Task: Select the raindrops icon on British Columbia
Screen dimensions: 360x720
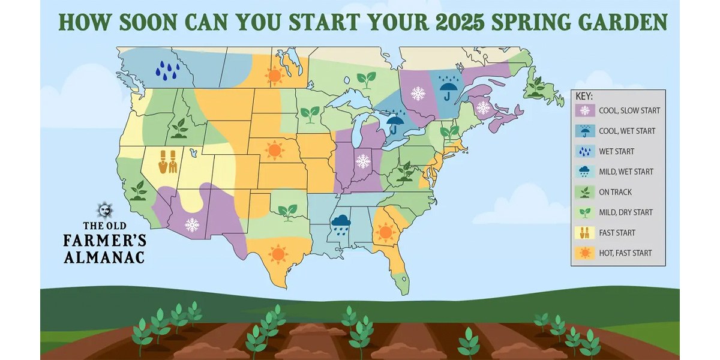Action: (x=168, y=70)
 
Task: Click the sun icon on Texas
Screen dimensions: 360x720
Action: (x=277, y=254)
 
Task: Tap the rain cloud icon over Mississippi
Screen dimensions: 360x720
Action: (x=341, y=223)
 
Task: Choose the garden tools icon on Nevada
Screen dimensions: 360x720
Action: (x=167, y=161)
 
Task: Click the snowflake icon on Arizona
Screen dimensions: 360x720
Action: (x=192, y=225)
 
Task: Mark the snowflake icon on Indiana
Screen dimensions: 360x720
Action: (x=362, y=161)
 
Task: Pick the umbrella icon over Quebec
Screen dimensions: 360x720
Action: (x=448, y=89)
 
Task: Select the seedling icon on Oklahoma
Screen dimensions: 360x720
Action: (x=289, y=211)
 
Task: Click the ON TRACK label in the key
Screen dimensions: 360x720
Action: (x=615, y=192)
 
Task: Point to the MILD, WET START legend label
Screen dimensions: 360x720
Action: (x=626, y=172)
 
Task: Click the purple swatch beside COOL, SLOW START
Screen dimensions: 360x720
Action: (x=584, y=111)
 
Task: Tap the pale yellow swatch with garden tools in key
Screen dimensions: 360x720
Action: (x=584, y=233)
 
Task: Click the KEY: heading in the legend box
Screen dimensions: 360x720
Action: (x=584, y=96)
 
